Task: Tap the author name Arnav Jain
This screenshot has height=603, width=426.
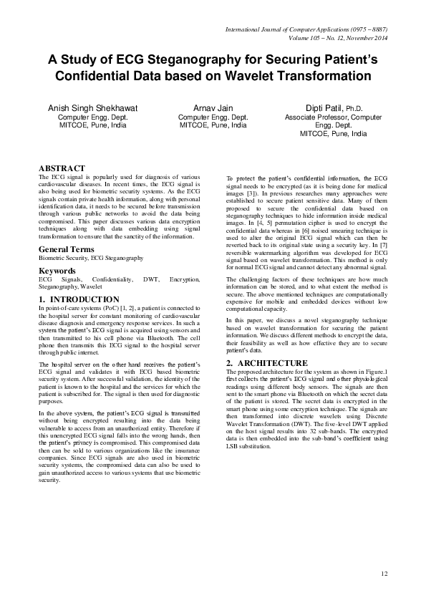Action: [213, 107]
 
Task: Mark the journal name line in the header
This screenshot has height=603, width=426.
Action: [306, 29]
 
